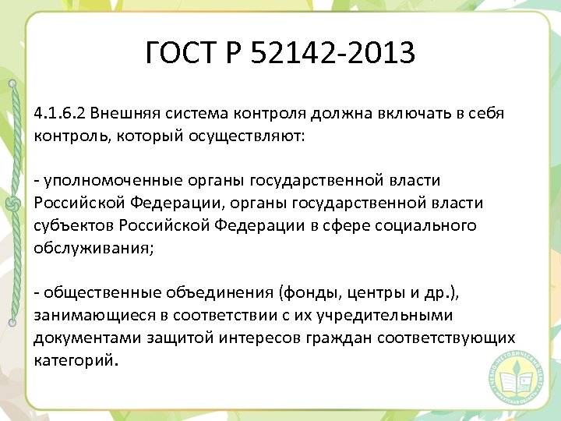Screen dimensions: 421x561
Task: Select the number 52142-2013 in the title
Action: [342, 54]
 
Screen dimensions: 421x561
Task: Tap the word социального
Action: [425, 226]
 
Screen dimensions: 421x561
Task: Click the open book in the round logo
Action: [515, 381]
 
